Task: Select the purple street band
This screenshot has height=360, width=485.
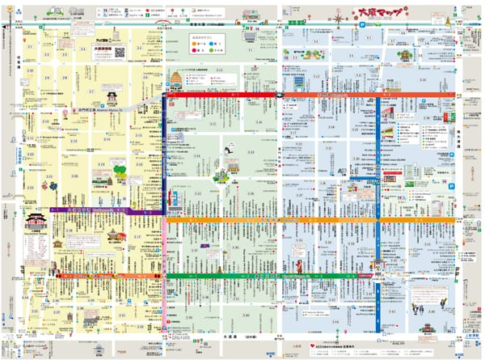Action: click(105, 210)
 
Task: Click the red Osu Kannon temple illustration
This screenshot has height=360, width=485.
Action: click(36, 219)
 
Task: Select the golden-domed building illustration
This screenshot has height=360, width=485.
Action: click(175, 78)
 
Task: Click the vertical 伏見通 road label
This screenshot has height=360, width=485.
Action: click(15, 154)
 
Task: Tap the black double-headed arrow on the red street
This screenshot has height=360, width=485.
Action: click(278, 95)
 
